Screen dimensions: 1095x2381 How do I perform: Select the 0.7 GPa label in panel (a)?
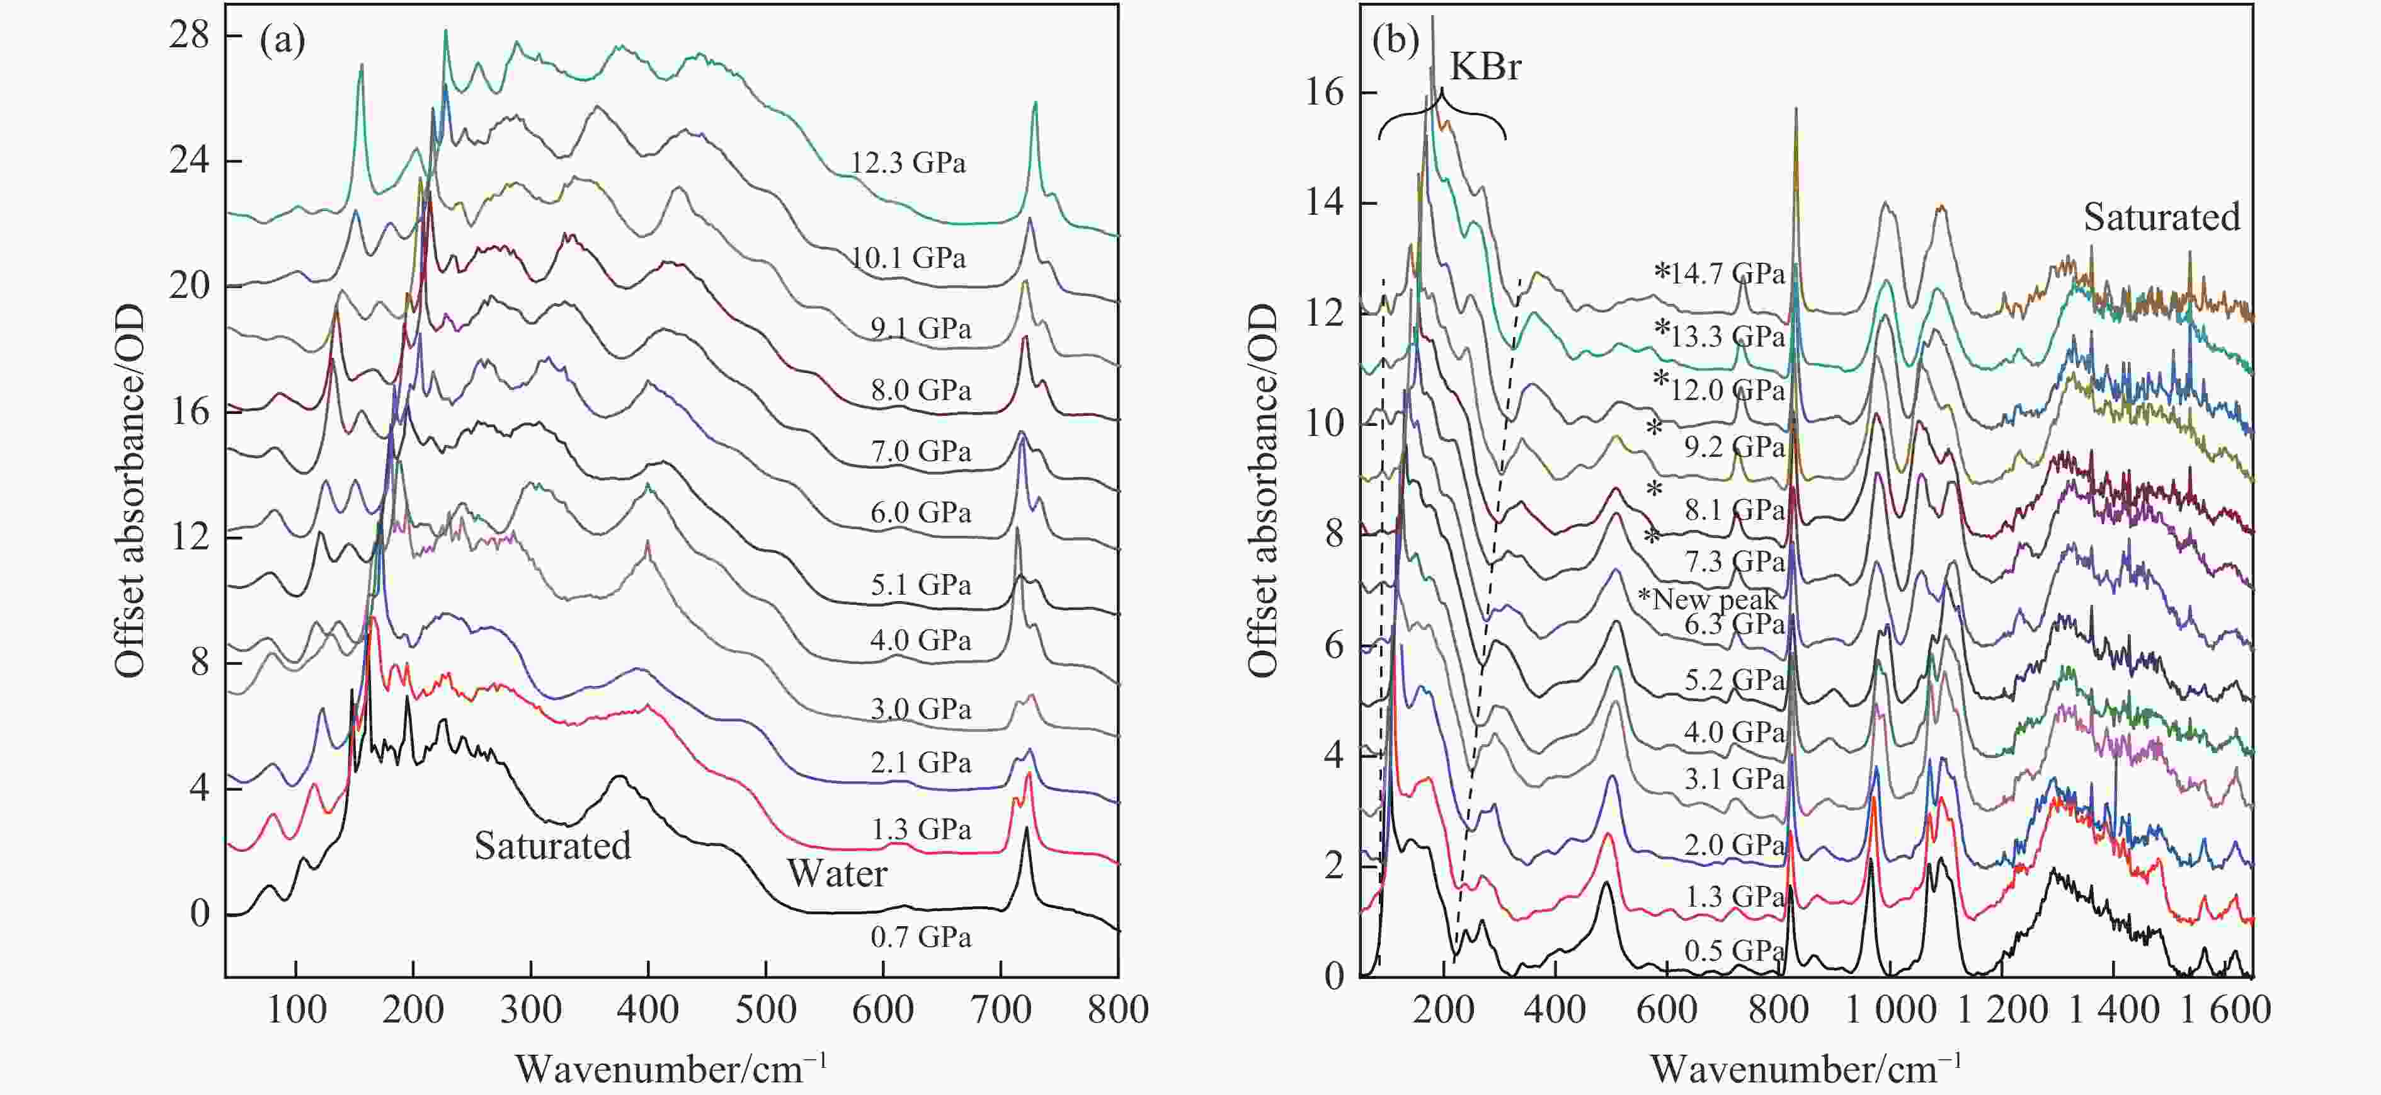tap(921, 937)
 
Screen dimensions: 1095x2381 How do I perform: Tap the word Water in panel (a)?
tap(837, 874)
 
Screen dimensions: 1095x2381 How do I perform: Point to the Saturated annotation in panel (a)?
tap(553, 846)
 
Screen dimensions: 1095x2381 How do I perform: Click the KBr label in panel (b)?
tap(1485, 67)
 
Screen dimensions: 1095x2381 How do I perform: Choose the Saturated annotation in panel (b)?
tap(2162, 217)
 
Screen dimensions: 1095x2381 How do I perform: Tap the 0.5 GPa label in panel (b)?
tap(1733, 951)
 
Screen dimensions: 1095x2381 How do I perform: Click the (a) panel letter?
tap(282, 42)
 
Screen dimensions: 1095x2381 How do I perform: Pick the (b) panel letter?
tap(1396, 42)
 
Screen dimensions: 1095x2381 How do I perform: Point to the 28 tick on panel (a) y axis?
tap(190, 35)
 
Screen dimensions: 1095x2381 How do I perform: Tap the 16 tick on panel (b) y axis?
tap(1325, 93)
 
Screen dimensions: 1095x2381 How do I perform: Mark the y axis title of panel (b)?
tap(1262, 490)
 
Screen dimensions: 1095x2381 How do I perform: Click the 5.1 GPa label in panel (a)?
tap(921, 585)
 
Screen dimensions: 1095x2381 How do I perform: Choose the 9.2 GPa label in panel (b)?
tap(1733, 447)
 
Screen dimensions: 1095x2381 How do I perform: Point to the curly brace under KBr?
tap(1442, 120)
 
